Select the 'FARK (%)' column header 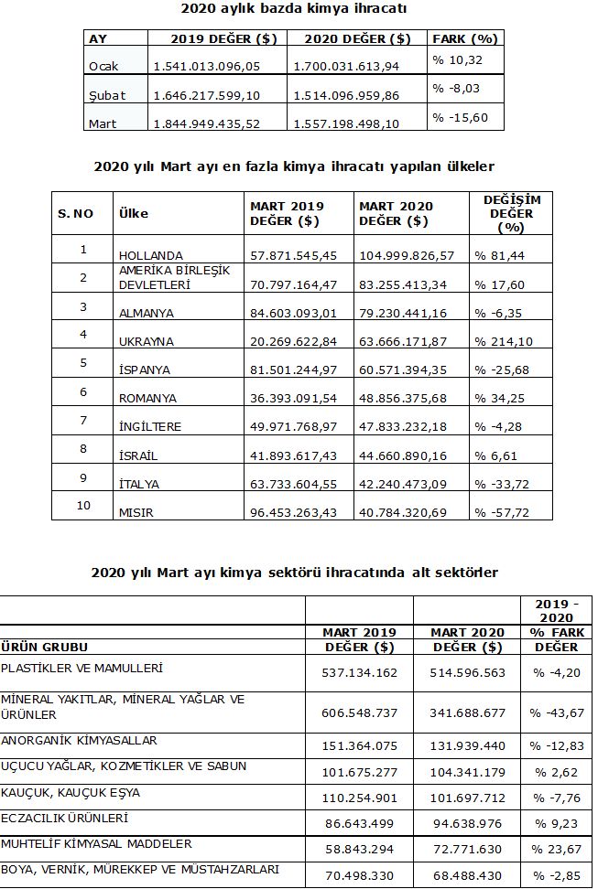(464, 38)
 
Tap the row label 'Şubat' (107, 95)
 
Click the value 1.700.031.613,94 (347, 67)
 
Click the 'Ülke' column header (134, 213)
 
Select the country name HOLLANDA (151, 255)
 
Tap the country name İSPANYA (146, 370)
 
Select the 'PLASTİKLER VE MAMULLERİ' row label (82, 669)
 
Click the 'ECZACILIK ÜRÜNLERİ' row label (64, 818)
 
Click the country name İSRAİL (139, 455)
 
